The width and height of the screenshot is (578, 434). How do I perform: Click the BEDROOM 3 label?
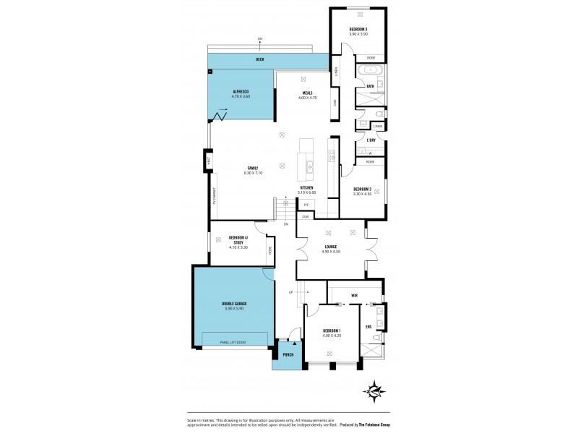pyautogui.click(x=358, y=29)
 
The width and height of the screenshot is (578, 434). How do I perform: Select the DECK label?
pyautogui.click(x=259, y=60)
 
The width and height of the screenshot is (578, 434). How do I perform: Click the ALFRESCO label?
pyautogui.click(x=241, y=92)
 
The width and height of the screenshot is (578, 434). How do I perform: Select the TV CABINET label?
pyautogui.click(x=214, y=197)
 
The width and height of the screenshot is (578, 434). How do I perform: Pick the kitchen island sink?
pyautogui.click(x=309, y=167)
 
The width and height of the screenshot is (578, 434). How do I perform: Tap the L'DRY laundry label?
pyautogui.click(x=371, y=140)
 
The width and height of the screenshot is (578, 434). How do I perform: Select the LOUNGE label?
pyautogui.click(x=331, y=247)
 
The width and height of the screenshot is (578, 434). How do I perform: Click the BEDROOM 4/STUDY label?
pyautogui.click(x=238, y=240)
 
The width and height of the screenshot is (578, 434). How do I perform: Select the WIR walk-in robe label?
pyautogui.click(x=354, y=296)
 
